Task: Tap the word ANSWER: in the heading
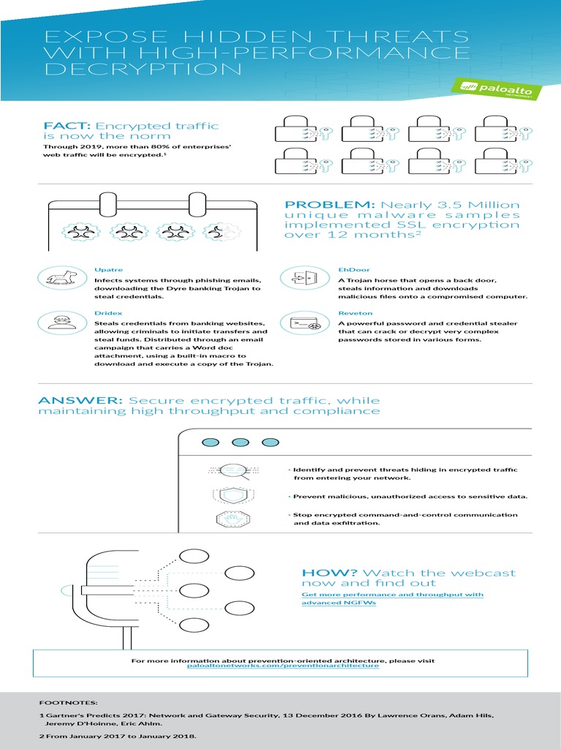(x=80, y=400)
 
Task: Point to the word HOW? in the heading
(x=329, y=573)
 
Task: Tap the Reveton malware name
(x=351, y=312)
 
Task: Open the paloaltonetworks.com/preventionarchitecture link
(x=283, y=666)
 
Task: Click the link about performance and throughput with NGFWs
(x=392, y=599)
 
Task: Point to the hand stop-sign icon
(x=225, y=520)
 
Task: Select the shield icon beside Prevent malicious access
(x=225, y=495)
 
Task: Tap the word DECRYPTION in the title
(x=142, y=69)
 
